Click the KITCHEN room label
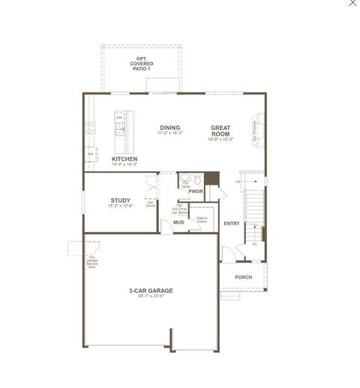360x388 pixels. (124, 159)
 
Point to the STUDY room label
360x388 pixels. (120, 200)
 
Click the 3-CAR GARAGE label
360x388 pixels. (151, 290)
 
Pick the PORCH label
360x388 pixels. (243, 277)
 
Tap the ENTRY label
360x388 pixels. (232, 223)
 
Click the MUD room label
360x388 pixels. (178, 222)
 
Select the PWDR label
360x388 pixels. (196, 191)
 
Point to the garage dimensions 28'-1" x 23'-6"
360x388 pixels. (151, 296)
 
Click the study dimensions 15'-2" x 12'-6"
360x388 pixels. (120, 206)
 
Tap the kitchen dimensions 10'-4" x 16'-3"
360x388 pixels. (124, 165)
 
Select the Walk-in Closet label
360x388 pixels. (201, 221)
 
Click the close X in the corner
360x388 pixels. (353, 4)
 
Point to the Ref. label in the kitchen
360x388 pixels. (90, 154)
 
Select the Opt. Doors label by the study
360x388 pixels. (151, 203)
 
